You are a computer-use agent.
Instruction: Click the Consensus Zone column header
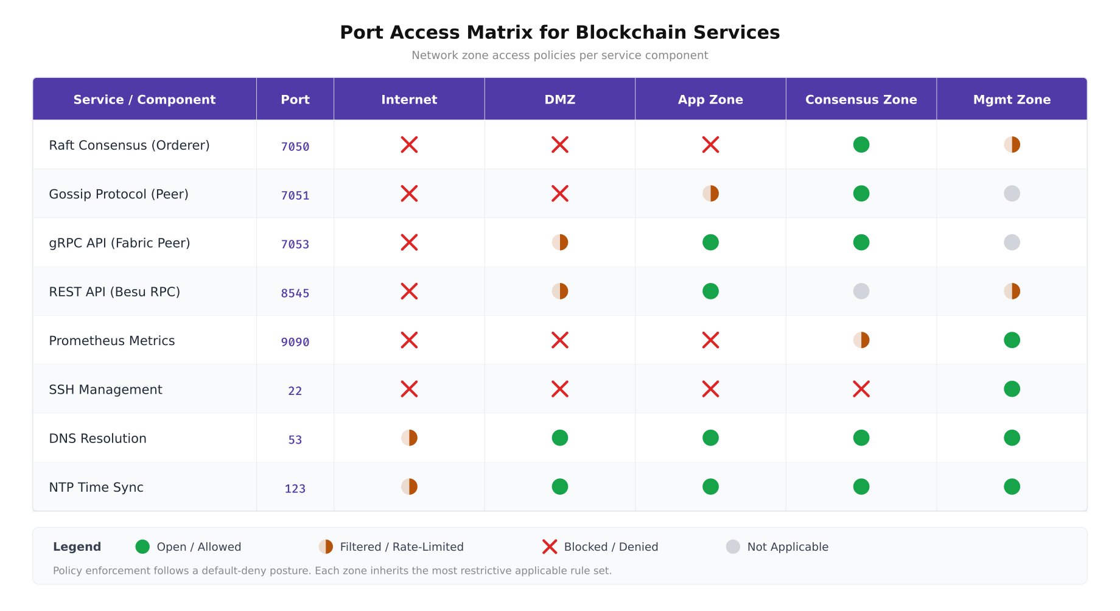[861, 100]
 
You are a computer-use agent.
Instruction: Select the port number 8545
[295, 293]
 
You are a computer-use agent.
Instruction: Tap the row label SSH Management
[105, 389]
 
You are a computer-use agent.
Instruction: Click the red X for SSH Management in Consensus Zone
[861, 389]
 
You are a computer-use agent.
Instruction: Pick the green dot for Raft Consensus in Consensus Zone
[861, 145]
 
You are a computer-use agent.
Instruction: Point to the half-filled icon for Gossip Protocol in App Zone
[710, 194]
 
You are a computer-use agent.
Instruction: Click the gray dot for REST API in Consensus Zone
[861, 292]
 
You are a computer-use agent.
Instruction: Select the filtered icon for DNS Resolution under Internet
[409, 438]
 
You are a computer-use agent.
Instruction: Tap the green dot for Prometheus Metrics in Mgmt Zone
[1012, 340]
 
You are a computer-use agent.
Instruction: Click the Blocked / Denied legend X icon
[550, 546]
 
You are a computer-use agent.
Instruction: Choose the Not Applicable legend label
[787, 547]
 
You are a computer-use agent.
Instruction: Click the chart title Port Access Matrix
[559, 32]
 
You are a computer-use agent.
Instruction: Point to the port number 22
[295, 391]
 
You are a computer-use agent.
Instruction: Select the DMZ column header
[559, 100]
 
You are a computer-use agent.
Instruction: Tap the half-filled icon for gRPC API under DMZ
[559, 242]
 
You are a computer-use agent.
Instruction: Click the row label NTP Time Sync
[96, 487]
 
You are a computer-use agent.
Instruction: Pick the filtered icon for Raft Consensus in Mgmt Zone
[1012, 145]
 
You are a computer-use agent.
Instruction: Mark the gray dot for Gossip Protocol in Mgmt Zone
[1012, 194]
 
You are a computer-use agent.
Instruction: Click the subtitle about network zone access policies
[559, 55]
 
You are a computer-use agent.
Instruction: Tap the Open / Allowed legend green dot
[142, 546]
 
